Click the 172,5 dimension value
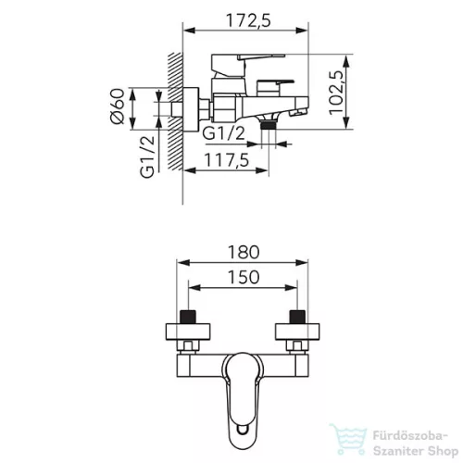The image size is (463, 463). point(248,20)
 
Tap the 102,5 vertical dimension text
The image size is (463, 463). point(336,93)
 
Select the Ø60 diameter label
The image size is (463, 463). point(118,106)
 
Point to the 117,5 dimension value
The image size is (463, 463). point(227,160)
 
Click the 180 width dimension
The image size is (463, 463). point(244,252)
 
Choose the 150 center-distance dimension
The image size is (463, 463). point(244,277)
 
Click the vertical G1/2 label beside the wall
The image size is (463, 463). point(147,157)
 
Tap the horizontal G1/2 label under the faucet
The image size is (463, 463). point(224,133)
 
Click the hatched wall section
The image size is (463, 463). point(175,111)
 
